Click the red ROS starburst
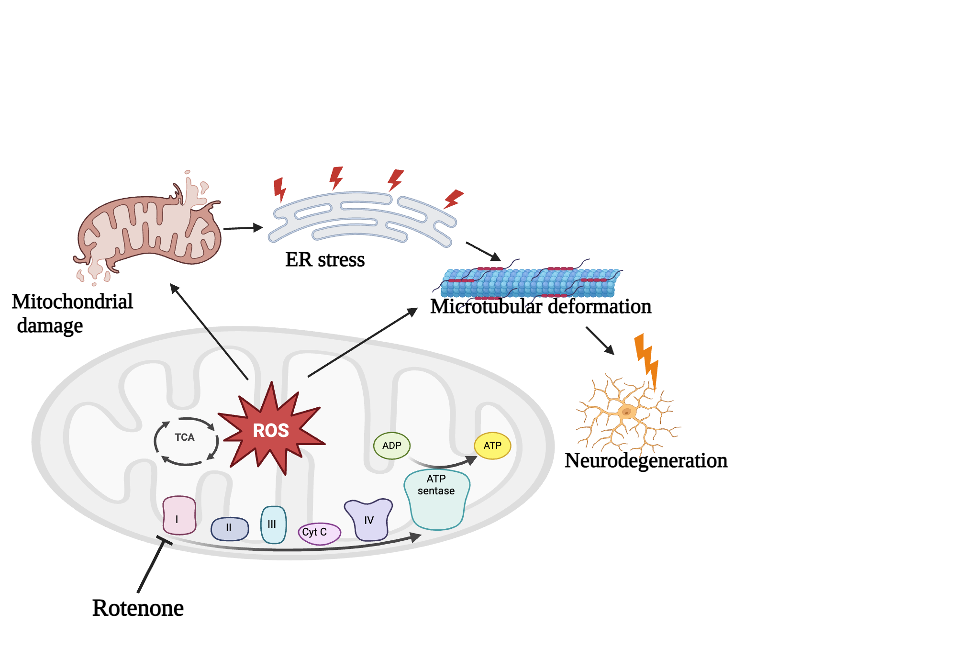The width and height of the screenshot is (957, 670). (x=271, y=431)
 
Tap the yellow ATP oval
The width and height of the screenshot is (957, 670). (x=492, y=446)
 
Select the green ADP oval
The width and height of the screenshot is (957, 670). (x=391, y=446)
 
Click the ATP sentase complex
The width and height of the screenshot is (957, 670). (x=436, y=500)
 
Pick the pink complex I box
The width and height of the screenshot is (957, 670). (x=179, y=515)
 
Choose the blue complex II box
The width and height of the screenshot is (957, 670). (x=230, y=528)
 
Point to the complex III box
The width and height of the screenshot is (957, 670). (x=273, y=525)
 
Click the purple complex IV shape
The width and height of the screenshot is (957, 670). (x=368, y=520)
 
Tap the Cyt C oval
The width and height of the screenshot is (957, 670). (x=319, y=533)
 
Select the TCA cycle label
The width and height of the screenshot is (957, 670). (x=185, y=437)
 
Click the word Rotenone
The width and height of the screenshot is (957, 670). (x=138, y=608)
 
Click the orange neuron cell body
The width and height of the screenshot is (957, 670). (x=627, y=412)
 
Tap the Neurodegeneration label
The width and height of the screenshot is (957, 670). (x=646, y=460)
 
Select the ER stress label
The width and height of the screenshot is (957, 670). (x=325, y=260)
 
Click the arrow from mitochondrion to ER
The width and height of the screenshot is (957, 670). (x=243, y=228)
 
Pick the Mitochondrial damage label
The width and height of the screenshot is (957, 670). (x=72, y=313)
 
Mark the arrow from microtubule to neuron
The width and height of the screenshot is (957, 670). (x=600, y=341)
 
